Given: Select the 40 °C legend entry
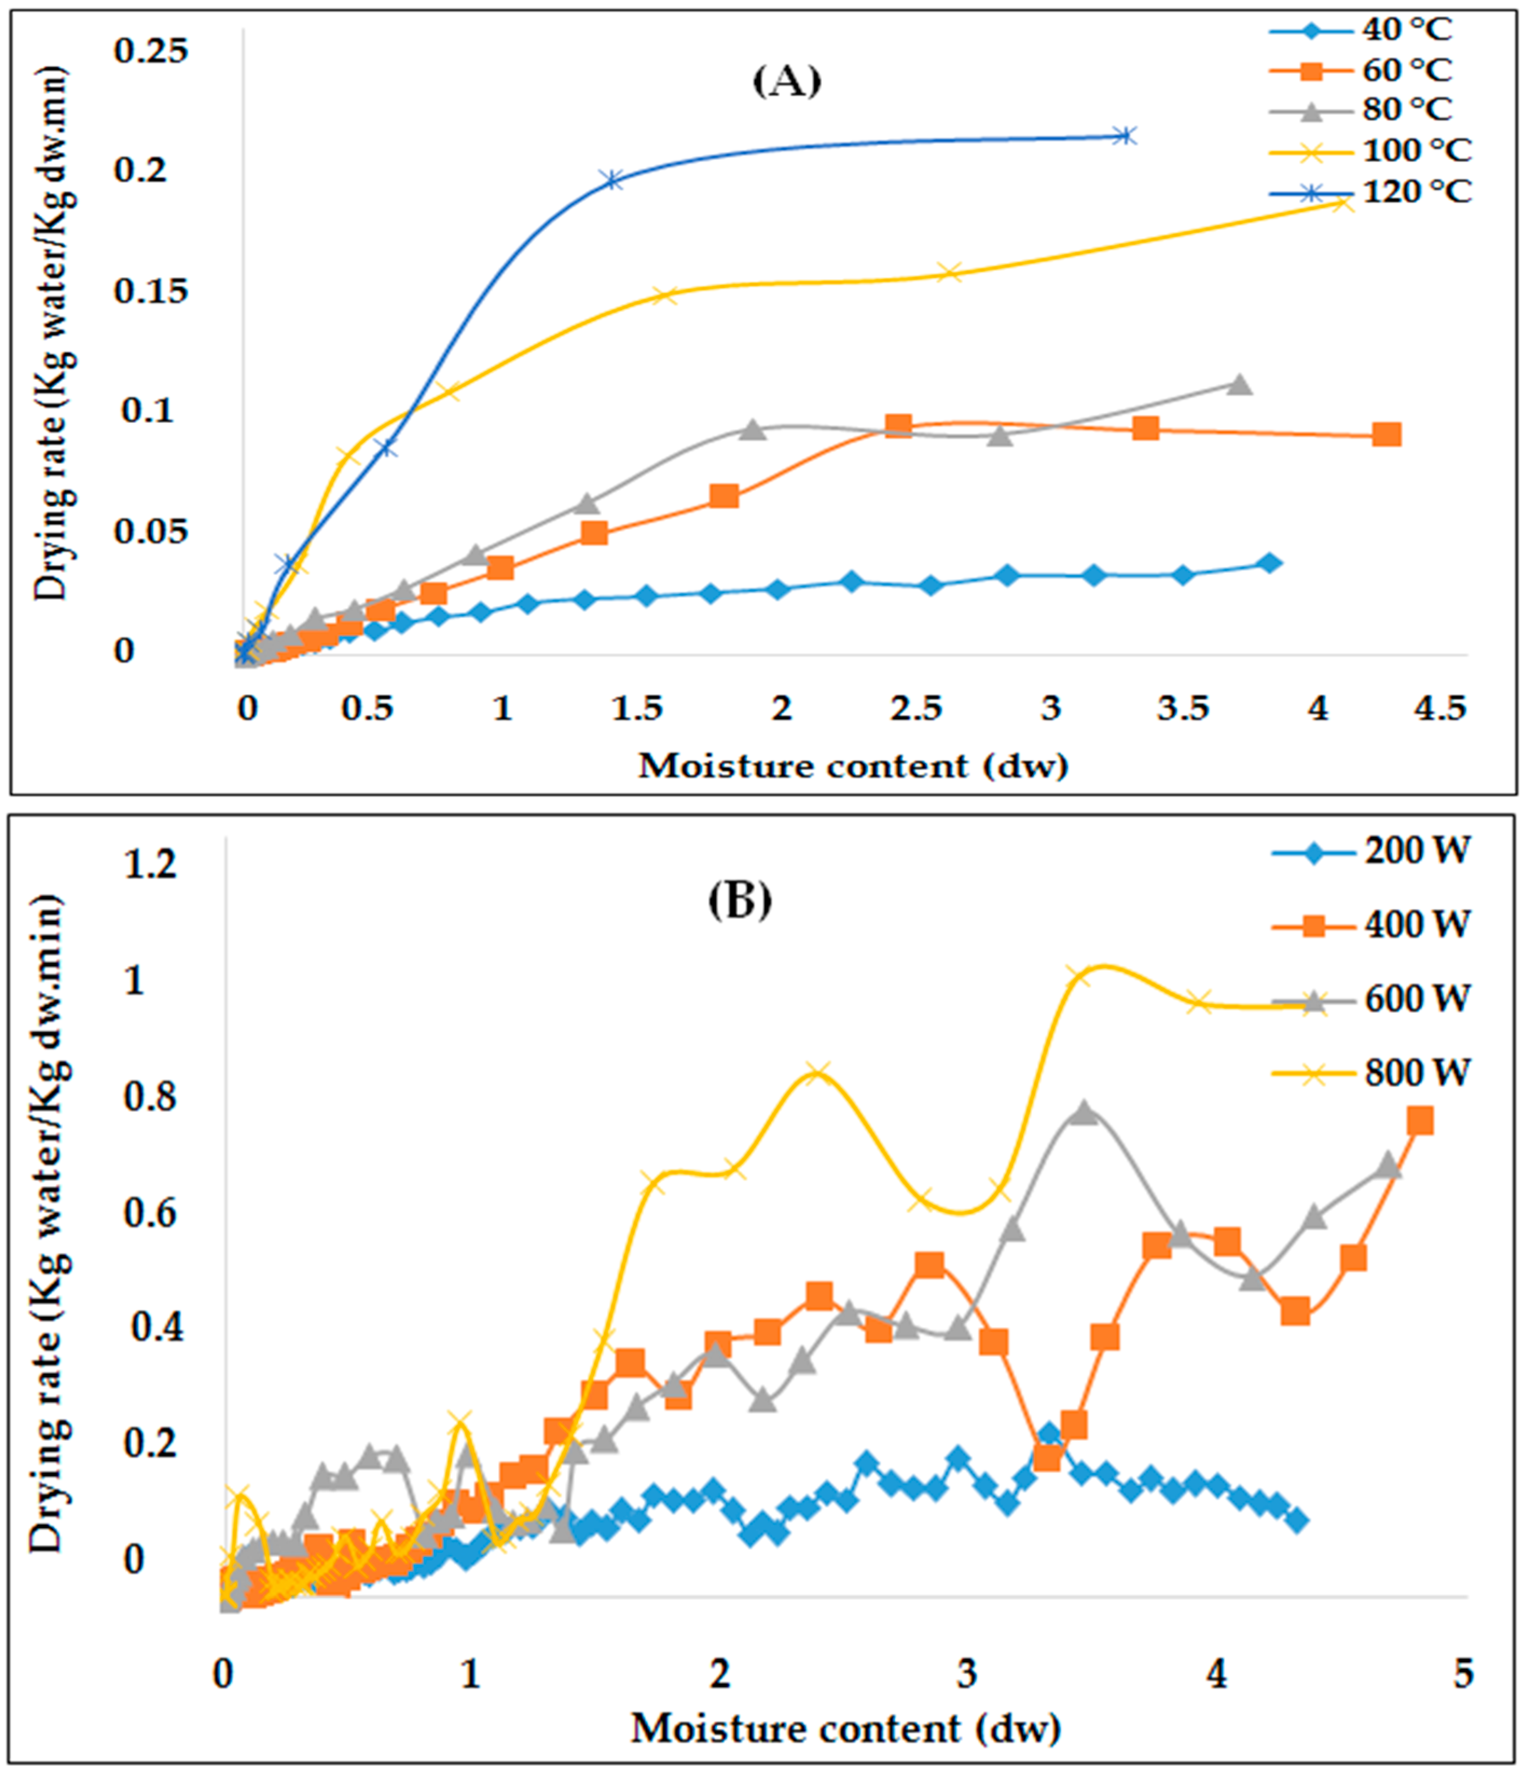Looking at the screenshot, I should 1406,30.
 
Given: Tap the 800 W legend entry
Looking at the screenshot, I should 1416,1072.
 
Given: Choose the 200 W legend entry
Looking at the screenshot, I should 1416,851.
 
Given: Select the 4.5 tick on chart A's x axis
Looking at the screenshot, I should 1440,709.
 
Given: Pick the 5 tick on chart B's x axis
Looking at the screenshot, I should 1463,1674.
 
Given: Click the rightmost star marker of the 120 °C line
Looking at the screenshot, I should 1125,135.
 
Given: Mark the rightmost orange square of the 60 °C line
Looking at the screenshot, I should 1386,434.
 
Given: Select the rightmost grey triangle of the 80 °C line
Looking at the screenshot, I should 1238,385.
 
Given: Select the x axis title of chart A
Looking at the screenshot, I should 853,765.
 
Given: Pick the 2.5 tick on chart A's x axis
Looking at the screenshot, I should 916,709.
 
